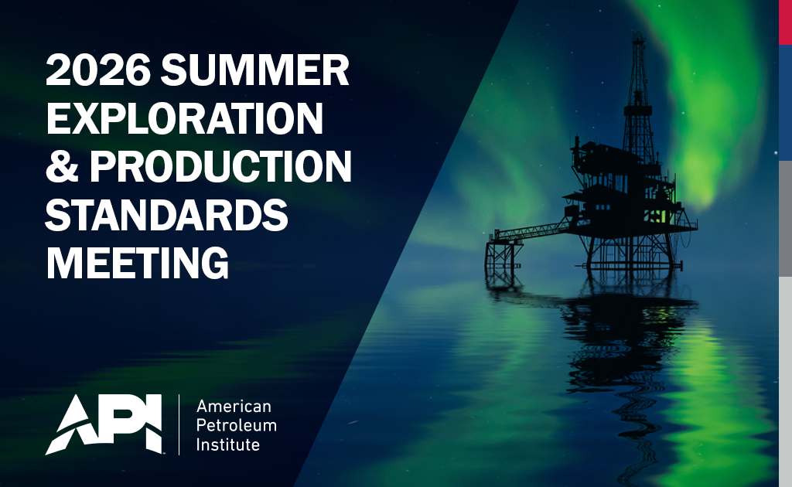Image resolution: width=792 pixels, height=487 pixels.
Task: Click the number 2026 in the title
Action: tap(98, 70)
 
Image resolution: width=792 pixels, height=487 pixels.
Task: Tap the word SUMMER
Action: tap(255, 70)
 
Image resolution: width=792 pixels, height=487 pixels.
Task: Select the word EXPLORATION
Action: tap(184, 118)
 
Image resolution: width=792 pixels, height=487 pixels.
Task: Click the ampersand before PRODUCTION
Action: tap(62, 166)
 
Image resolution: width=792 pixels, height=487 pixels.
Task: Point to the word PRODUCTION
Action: tap(220, 166)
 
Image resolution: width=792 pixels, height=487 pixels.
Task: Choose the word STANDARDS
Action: tap(167, 214)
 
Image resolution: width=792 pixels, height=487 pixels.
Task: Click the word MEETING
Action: tap(138, 263)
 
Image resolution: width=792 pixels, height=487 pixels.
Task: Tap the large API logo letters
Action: tap(104, 424)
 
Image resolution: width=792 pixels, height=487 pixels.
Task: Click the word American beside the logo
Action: tap(234, 407)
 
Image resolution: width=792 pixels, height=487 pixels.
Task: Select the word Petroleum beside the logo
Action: tap(237, 425)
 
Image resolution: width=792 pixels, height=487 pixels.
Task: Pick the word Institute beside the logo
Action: tap(228, 444)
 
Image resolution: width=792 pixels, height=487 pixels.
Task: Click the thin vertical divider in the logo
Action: tap(179, 424)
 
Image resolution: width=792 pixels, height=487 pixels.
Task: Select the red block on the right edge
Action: tap(786, 22)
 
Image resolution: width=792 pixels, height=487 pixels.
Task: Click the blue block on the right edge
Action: tap(786, 103)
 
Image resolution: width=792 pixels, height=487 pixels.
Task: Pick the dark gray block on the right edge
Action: tap(786, 219)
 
